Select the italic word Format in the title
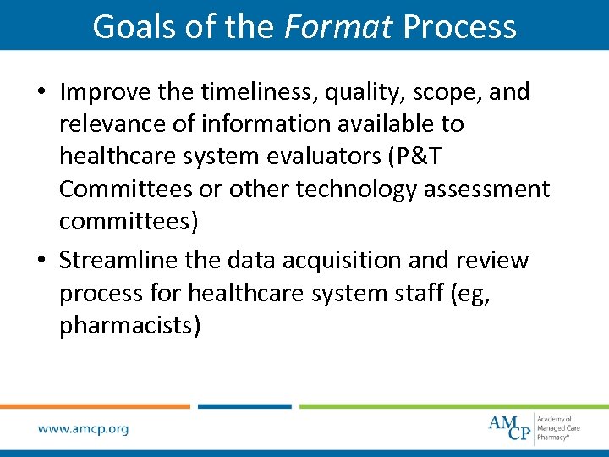338,26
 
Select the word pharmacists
129,325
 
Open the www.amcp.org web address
83,428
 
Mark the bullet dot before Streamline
43,262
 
